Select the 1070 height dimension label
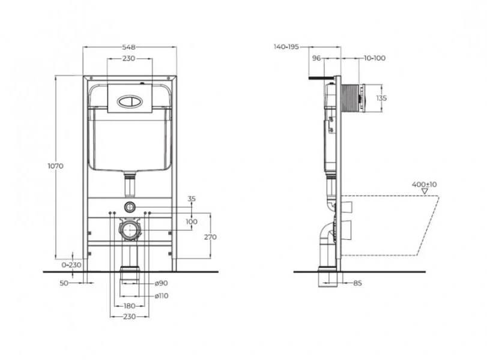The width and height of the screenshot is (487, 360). click(x=56, y=166)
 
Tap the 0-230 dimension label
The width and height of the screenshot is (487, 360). click(x=71, y=264)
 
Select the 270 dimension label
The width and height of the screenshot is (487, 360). click(x=210, y=237)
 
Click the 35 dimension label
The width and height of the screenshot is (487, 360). click(x=192, y=199)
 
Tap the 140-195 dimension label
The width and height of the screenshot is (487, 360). click(x=286, y=46)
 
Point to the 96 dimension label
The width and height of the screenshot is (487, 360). click(x=318, y=58)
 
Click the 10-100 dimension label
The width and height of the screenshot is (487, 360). click(x=375, y=58)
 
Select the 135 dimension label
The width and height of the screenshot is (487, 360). click(x=381, y=98)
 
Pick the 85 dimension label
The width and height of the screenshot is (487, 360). click(x=358, y=283)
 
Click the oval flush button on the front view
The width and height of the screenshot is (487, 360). click(x=129, y=100)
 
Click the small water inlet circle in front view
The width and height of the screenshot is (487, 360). click(x=129, y=207)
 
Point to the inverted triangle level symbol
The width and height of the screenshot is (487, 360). click(x=426, y=191)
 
